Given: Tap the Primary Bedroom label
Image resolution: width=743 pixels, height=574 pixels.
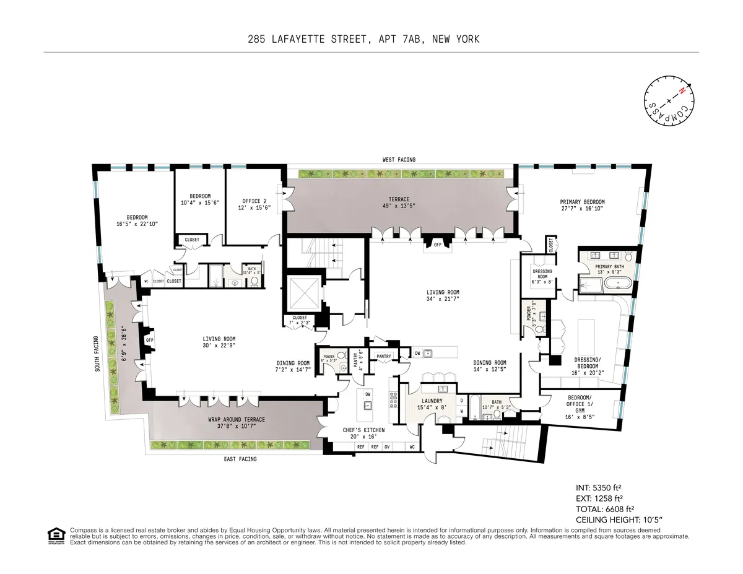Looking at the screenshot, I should click(x=582, y=206).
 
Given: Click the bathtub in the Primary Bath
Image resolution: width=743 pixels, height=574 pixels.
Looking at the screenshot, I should click(x=617, y=285).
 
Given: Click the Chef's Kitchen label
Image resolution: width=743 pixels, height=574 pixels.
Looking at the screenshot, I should click(x=363, y=433).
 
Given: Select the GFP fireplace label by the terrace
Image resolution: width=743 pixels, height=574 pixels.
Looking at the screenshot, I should click(x=437, y=245).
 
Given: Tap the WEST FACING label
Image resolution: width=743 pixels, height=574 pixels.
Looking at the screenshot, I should click(x=399, y=160).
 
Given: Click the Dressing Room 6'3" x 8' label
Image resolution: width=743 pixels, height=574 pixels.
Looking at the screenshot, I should click(x=542, y=276).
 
